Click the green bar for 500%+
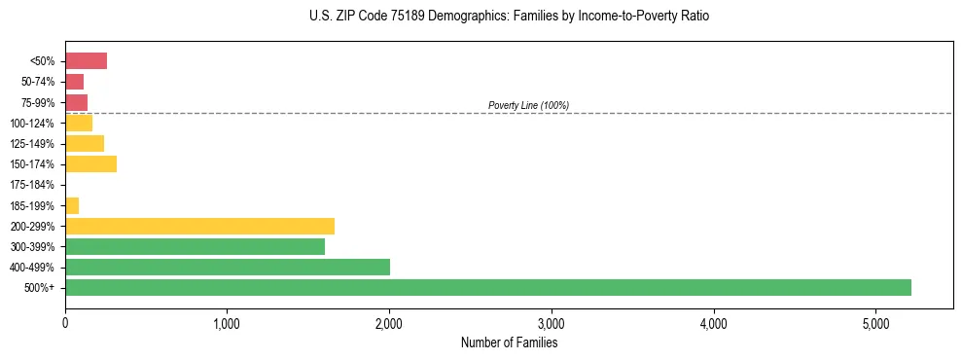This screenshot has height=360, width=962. (x=487, y=287)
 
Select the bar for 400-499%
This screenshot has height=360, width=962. (x=228, y=267)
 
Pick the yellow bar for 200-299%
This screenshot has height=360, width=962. (x=199, y=226)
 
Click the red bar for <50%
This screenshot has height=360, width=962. (x=86, y=61)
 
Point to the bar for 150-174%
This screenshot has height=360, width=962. (x=90, y=163)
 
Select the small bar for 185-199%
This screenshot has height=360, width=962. (x=72, y=205)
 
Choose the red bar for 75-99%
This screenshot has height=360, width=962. (x=76, y=102)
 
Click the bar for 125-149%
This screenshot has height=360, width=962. (x=85, y=143)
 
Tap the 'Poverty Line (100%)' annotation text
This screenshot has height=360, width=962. (x=528, y=105)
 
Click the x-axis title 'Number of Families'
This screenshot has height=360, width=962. (x=509, y=342)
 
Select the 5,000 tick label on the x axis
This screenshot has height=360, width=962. (x=875, y=323)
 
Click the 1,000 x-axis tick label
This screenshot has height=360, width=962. (x=227, y=323)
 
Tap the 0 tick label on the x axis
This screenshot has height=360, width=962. (x=65, y=323)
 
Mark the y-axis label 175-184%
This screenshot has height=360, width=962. (x=32, y=185)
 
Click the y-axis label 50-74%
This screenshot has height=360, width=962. (x=37, y=82)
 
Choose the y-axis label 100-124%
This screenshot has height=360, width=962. (x=32, y=124)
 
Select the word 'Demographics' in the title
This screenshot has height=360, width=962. (x=460, y=17)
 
